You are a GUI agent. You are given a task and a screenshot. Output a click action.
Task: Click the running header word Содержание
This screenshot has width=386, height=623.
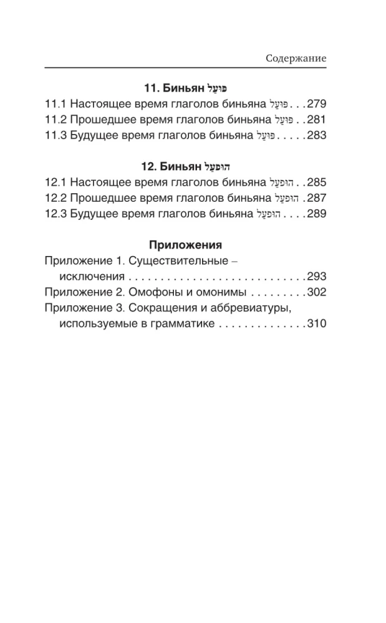[x=296, y=57]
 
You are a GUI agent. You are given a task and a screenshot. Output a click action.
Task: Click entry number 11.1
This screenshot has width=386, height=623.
[x=55, y=103]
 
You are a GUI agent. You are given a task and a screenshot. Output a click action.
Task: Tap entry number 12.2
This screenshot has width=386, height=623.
[x=55, y=198]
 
